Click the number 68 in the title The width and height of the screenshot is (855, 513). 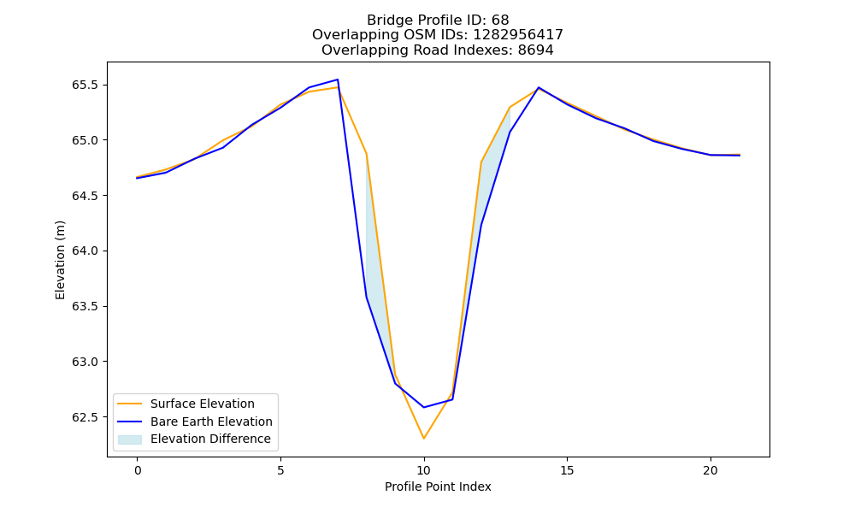[x=500, y=21]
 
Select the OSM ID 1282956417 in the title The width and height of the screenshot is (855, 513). [x=518, y=35]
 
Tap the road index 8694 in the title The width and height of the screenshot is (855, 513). [x=535, y=50]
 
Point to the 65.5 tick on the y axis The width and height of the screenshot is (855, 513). [x=85, y=85]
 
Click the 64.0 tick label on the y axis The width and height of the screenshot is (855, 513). [x=85, y=251]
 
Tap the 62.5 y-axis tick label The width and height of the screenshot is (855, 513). [x=85, y=417]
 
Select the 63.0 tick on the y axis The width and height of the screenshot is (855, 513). [x=85, y=362]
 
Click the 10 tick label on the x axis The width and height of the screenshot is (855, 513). [x=424, y=470]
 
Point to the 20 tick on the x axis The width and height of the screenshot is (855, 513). [x=711, y=470]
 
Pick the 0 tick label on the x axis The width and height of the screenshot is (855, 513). [x=138, y=470]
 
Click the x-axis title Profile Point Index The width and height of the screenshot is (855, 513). [x=438, y=486]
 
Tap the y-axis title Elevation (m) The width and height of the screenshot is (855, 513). [x=60, y=260]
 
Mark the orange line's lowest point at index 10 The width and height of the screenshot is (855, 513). [x=424, y=439]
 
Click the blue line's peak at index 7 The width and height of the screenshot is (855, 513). [x=338, y=80]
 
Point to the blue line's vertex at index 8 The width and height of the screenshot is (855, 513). [x=367, y=298]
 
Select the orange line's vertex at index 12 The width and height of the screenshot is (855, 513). [x=481, y=162]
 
